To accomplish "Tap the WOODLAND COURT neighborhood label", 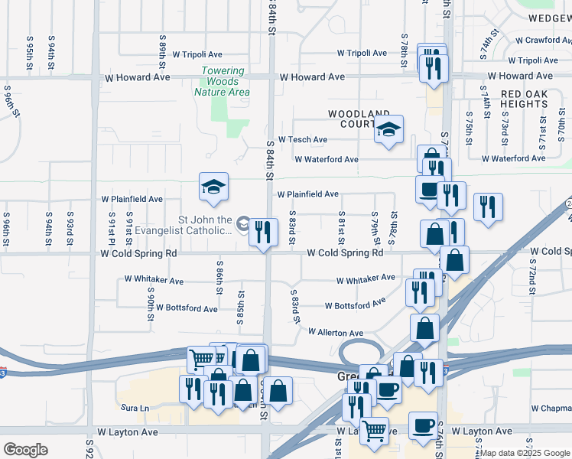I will pyautogui.click(x=354, y=119).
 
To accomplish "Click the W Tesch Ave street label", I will pyautogui.click(x=303, y=139).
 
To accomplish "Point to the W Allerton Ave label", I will pyautogui.click(x=336, y=333).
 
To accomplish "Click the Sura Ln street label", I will pyautogui.click(x=133, y=409).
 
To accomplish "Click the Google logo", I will pyautogui.click(x=25, y=450).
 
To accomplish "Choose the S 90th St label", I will pyautogui.click(x=151, y=299).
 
